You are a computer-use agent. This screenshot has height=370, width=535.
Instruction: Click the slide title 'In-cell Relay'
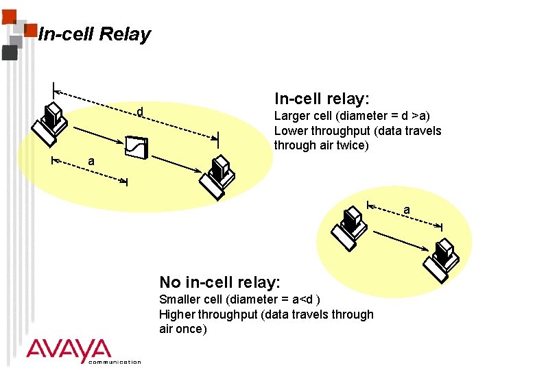[95, 34]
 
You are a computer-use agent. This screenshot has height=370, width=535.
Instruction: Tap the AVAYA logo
[69, 350]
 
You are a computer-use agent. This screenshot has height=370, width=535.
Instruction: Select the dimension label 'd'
[140, 112]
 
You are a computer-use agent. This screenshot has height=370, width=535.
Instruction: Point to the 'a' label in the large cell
[91, 160]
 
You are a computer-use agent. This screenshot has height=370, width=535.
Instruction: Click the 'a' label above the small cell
[407, 209]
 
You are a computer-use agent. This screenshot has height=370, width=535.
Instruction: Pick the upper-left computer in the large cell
[49, 123]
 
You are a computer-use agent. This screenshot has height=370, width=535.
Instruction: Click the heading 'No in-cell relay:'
[219, 282]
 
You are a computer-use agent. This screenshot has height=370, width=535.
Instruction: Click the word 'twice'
[354, 145]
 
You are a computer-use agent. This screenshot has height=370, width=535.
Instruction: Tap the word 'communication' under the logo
[115, 362]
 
